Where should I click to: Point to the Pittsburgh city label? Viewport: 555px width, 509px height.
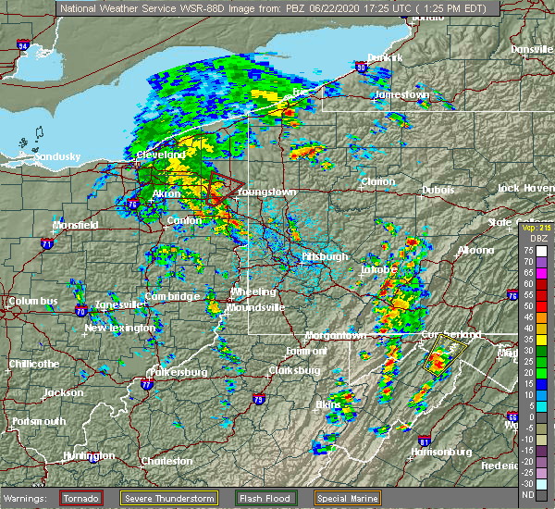point(324,256)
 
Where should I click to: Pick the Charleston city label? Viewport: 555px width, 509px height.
point(166,461)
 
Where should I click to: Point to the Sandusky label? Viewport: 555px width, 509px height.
point(57,157)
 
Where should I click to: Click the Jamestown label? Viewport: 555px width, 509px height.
point(402,95)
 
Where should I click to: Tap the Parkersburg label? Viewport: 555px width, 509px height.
point(180,373)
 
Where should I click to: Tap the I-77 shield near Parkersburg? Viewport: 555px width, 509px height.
point(145,382)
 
